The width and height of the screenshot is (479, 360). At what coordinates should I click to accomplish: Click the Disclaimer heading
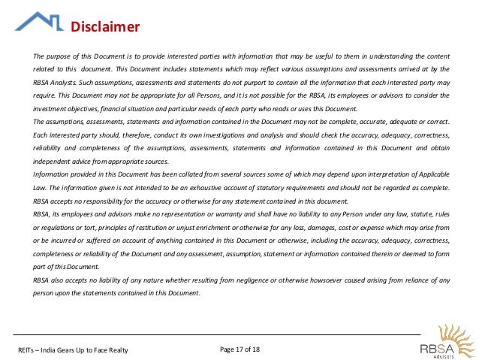[x=105, y=28]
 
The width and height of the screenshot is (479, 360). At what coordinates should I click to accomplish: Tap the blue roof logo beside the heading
[x=39, y=21]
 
